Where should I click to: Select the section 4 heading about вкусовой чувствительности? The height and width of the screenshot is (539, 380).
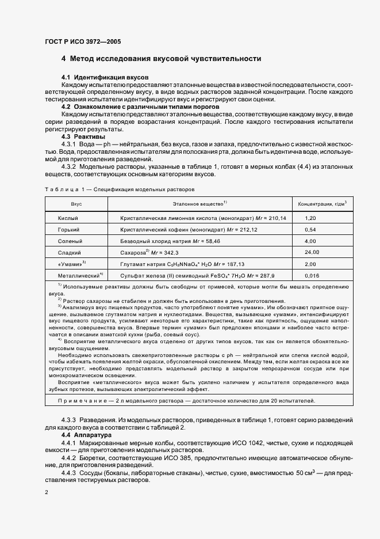point(161,59)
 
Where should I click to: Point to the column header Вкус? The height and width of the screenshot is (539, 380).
point(76,204)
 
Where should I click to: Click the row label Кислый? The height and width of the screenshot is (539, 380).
point(67,218)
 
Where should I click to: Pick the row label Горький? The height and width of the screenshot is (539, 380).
point(68,229)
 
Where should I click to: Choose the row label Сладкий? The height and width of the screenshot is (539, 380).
point(69,252)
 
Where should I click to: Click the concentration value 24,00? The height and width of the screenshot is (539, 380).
point(312,252)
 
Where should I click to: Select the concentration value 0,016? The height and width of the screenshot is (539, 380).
point(312,275)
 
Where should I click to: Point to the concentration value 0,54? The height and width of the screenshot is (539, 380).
point(310,229)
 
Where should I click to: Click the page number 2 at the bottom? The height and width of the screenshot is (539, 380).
point(47,493)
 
